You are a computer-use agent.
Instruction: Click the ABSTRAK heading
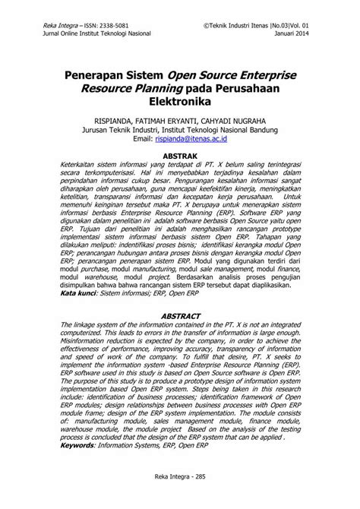[x=180, y=155]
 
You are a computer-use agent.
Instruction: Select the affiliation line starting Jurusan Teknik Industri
[x=179, y=129]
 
